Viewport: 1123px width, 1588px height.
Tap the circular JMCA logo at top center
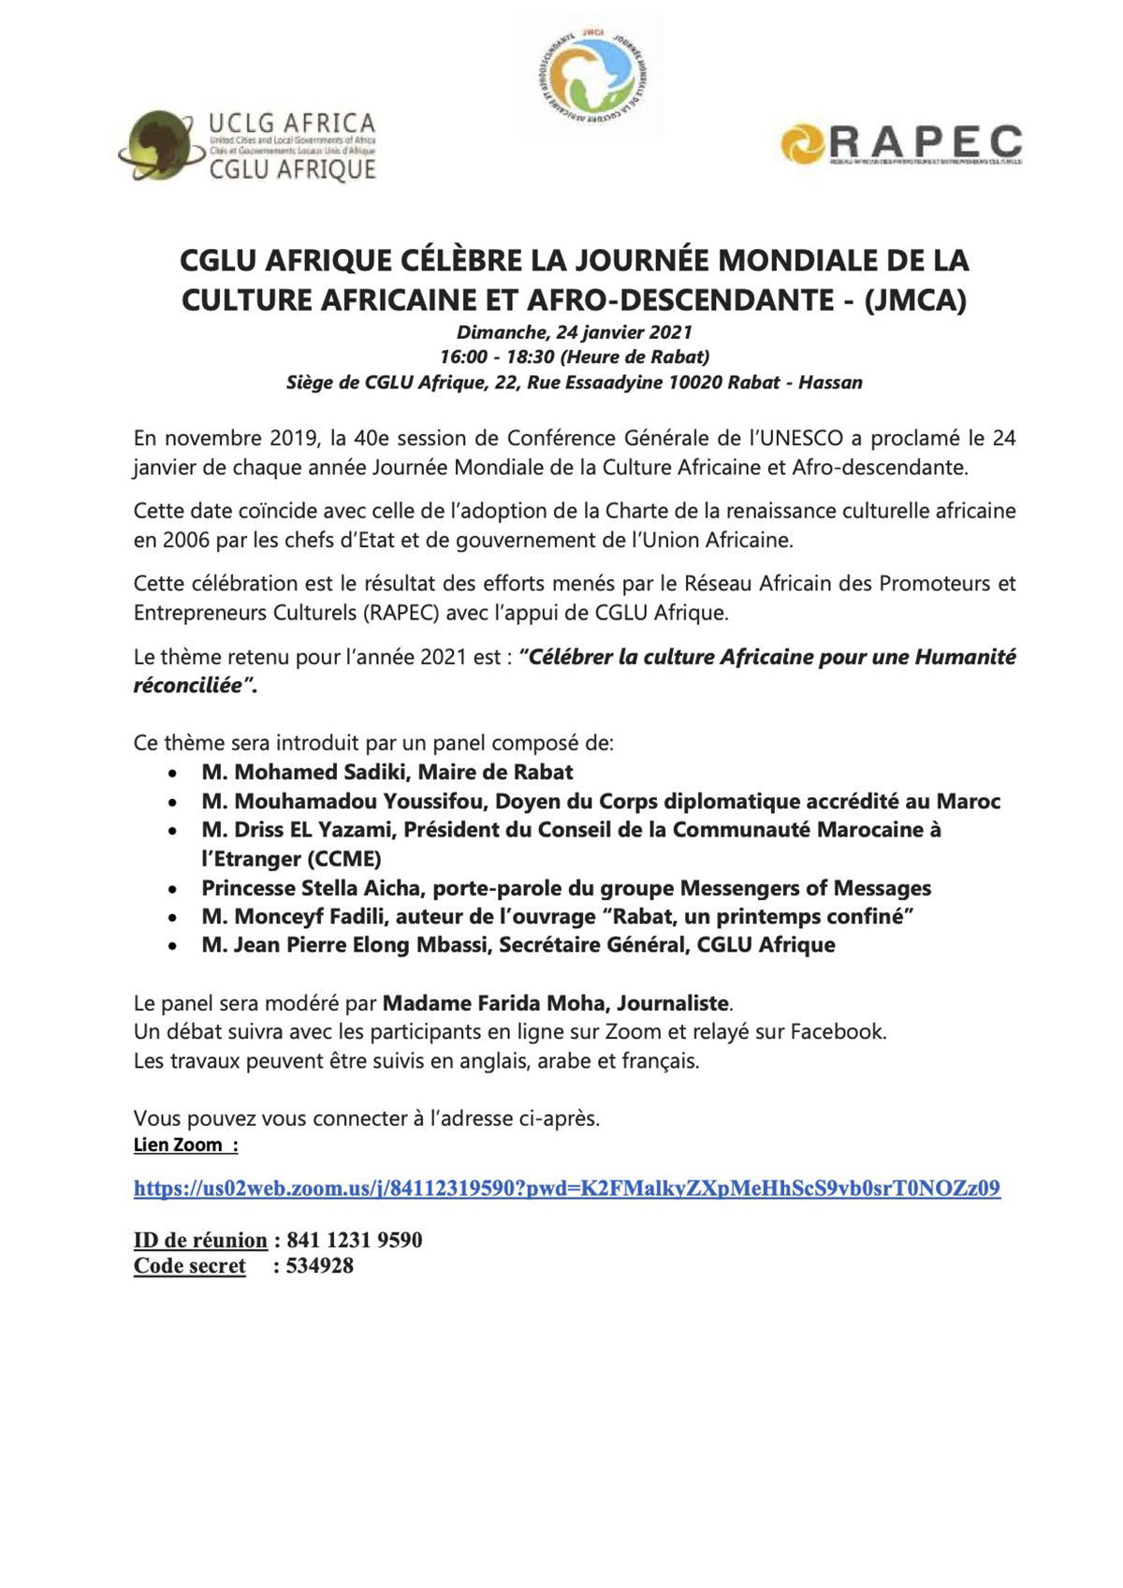(x=592, y=76)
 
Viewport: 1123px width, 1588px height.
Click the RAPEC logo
(x=900, y=144)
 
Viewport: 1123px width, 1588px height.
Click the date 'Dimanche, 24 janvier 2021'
(x=574, y=332)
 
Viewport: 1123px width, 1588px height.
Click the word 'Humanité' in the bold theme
(x=965, y=657)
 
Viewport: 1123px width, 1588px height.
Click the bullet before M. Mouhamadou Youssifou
(x=172, y=803)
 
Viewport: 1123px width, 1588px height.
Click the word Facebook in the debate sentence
(x=838, y=1032)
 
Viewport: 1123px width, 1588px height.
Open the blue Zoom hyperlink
(x=566, y=1188)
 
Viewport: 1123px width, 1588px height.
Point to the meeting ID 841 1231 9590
(x=354, y=1241)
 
